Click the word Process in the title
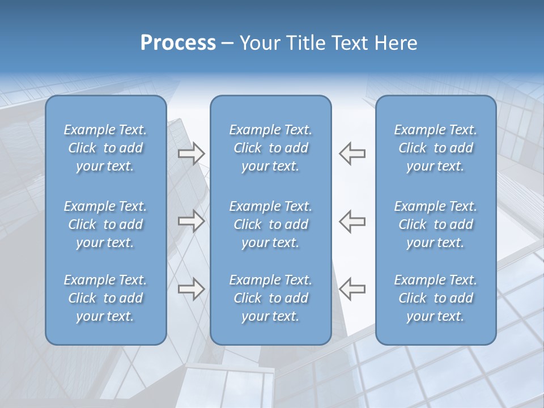point(178,43)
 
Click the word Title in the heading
point(304,43)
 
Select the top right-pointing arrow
point(191,154)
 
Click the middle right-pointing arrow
point(191,221)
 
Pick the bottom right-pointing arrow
point(191,288)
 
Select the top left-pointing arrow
point(352,154)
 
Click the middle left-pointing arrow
point(352,221)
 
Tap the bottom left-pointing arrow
point(352,288)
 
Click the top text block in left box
point(105,148)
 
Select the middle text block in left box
point(105,224)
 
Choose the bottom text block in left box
point(105,298)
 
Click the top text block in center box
point(271,148)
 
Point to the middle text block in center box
point(271,224)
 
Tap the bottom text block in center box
point(271,298)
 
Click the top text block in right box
point(436,148)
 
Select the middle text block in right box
point(436,224)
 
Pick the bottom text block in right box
point(436,298)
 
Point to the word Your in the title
point(259,43)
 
